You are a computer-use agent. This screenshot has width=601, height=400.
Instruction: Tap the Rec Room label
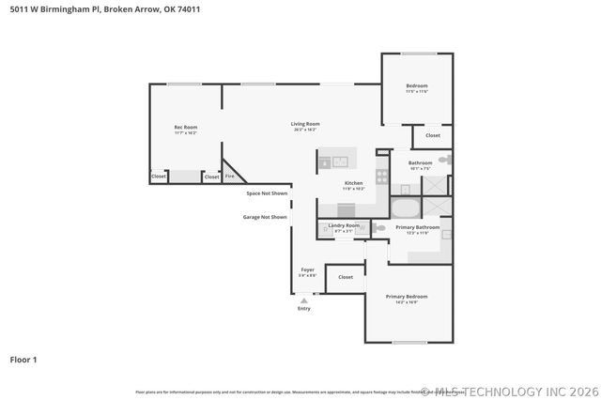185,127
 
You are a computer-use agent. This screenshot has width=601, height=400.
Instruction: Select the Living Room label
305,124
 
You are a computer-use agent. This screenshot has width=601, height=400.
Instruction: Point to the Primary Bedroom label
407,296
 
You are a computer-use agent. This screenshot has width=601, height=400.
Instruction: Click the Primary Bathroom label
417,227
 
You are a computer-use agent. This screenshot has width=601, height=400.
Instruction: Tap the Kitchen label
353,183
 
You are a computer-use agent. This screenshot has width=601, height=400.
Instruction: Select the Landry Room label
344,225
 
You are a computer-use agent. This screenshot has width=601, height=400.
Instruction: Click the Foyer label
307,269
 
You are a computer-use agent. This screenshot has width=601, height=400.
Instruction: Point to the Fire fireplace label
229,176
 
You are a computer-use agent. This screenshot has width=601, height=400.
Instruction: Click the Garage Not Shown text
265,217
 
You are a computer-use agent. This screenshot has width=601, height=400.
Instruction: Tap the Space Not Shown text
267,193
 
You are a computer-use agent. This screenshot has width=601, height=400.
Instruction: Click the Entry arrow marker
303,300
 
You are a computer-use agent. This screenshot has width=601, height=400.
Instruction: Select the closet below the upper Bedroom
432,136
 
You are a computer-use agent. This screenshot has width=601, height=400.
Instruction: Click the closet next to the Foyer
346,277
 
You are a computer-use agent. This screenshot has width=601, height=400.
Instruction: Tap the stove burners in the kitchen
381,175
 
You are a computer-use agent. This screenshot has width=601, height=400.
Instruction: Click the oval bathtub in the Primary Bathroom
406,208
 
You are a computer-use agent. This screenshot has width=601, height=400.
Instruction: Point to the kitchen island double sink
332,162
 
